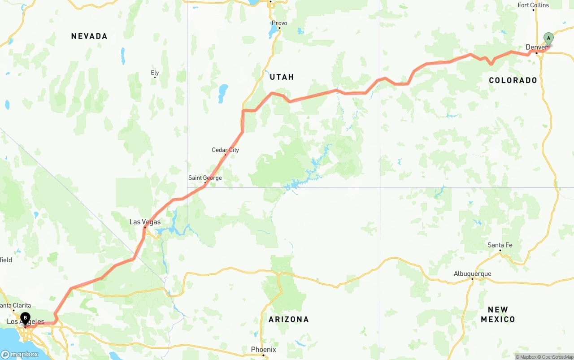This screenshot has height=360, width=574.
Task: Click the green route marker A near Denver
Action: [x=548, y=39]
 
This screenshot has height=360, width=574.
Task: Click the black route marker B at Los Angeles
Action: [x=26, y=318]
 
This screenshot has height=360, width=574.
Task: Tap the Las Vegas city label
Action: [x=145, y=222]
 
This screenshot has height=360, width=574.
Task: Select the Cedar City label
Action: [x=225, y=150]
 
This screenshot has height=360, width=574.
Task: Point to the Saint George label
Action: [x=205, y=178]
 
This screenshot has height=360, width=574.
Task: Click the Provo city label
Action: [x=279, y=23]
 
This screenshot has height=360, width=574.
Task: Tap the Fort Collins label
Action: [x=533, y=5]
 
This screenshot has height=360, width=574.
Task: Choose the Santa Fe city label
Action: [x=500, y=245]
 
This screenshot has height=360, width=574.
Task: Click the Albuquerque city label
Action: [x=472, y=273]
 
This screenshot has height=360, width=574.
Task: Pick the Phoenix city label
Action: [x=263, y=349]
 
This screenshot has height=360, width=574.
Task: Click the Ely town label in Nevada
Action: [x=155, y=73]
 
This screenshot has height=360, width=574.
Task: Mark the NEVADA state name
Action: [x=89, y=36]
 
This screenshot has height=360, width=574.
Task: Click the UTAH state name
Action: [x=282, y=77]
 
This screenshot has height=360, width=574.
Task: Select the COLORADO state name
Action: [x=513, y=80]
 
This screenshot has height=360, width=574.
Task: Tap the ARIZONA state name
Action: [x=289, y=319]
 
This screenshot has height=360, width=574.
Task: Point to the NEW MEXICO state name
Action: [x=498, y=314]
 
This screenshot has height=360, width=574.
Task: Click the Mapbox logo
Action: [x=20, y=354]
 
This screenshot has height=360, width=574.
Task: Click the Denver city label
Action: [x=536, y=47]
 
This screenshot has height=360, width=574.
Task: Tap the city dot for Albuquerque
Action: [x=472, y=279]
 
